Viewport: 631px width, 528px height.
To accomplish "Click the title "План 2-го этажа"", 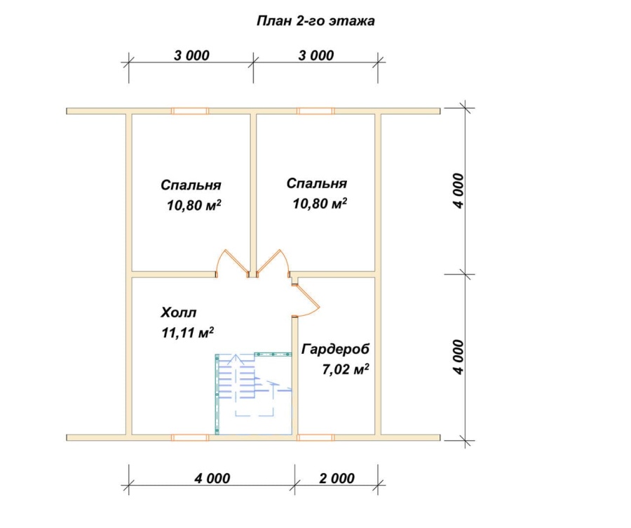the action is (315, 21).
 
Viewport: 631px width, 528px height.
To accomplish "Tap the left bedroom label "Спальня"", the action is (191, 185).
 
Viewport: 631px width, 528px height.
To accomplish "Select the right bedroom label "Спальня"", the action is (317, 183).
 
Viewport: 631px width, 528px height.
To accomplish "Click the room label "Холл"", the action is (179, 312).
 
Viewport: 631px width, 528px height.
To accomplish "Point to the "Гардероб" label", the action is (335, 349).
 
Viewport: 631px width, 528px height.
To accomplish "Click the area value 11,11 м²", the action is (187, 333).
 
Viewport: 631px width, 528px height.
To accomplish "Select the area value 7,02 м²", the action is (346, 369).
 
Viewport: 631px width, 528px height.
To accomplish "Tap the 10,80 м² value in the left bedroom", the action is (194, 205).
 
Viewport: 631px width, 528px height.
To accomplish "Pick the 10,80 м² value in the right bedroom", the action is (320, 204).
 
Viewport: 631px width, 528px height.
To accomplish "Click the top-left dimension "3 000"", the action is (191, 55).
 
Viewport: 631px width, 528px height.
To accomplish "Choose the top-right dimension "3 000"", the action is (316, 55).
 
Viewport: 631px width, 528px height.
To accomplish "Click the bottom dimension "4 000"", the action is (212, 478).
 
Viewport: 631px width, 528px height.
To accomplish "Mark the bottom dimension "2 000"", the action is (337, 478).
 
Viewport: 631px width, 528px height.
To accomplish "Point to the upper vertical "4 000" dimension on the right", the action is (459, 191).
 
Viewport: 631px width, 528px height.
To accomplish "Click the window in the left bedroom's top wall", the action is (190, 111).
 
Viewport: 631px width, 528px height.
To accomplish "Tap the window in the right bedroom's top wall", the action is (315, 111).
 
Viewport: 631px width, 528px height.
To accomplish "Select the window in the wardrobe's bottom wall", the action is (315, 437).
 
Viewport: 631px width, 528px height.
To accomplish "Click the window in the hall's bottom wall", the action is (190, 437).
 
